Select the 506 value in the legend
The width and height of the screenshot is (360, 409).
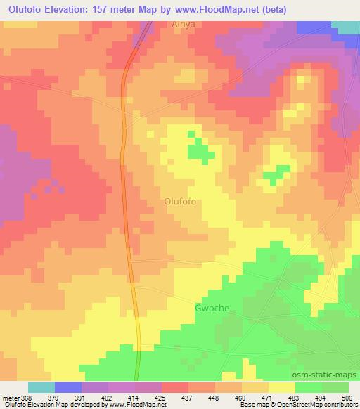tap(347, 397)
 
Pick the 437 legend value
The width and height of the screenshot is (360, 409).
tap(188, 397)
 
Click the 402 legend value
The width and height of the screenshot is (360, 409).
tap(108, 397)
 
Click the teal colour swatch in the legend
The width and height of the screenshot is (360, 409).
tap(41, 387)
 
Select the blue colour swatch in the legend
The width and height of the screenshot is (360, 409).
tap(68, 387)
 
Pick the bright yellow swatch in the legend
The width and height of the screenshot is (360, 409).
tap(281, 387)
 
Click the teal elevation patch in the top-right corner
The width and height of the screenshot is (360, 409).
tap(345, 27)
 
